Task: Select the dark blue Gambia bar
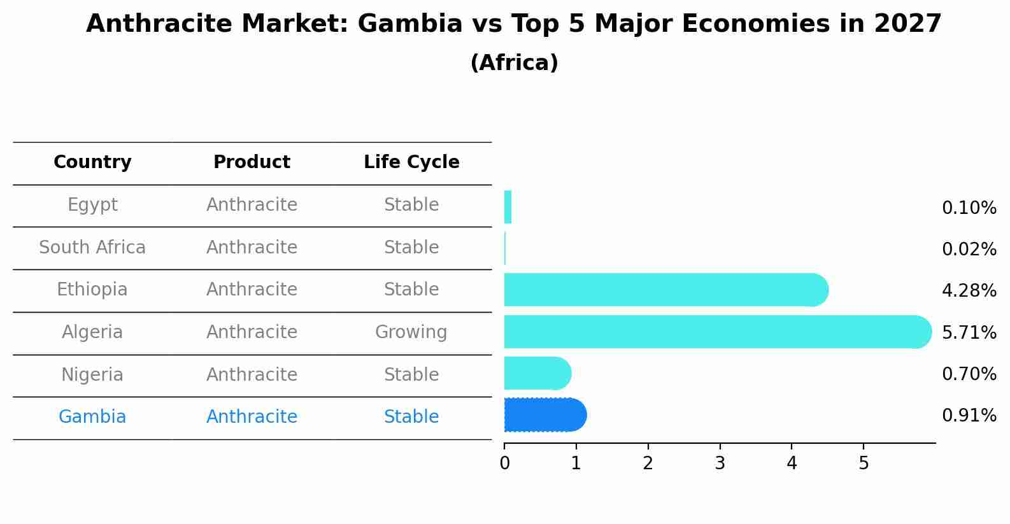click(x=544, y=415)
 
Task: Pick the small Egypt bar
click(x=508, y=208)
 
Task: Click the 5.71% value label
click(x=969, y=332)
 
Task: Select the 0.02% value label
click(x=969, y=249)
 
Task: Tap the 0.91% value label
click(x=969, y=416)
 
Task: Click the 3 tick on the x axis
click(x=720, y=464)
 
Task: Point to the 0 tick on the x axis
click(x=504, y=464)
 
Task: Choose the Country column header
click(x=92, y=162)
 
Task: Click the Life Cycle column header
click(x=411, y=162)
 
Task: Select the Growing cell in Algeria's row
click(x=411, y=332)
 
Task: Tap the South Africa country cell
click(x=92, y=248)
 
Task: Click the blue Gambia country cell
click(x=92, y=417)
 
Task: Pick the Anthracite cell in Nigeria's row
click(x=252, y=374)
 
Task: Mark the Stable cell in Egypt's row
click(x=411, y=205)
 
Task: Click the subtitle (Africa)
click(x=514, y=63)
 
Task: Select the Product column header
click(x=252, y=162)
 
